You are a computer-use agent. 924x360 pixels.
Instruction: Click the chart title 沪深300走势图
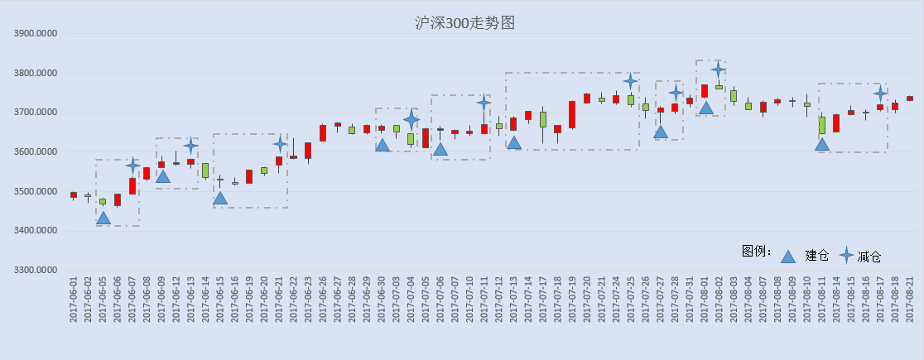465,23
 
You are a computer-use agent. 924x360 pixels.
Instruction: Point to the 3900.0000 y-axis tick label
36,34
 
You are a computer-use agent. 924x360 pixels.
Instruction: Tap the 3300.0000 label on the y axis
36,271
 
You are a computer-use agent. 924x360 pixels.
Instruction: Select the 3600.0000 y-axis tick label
36,152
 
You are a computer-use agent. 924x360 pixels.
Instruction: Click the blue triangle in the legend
788,257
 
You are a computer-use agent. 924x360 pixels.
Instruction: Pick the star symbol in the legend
847,255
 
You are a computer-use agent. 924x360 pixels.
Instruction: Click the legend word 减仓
869,257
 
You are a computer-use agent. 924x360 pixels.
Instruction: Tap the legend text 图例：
758,251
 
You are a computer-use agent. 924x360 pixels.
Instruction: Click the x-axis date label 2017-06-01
74,300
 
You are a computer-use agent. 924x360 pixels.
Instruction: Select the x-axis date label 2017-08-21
910,300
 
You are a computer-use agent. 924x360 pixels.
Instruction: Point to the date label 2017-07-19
572,300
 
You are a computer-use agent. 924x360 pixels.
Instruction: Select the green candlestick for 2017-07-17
543,120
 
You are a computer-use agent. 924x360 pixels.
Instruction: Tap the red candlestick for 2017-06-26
323,132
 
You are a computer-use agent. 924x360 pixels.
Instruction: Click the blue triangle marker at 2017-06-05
103,218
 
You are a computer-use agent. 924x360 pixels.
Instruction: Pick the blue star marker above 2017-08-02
718,70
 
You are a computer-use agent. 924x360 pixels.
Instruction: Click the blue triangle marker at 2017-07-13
514,142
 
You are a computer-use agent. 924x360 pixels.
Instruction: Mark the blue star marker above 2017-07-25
631,81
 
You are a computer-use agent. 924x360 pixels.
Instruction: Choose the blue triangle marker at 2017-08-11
822,144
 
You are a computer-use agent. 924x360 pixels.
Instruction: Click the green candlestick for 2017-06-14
205,170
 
